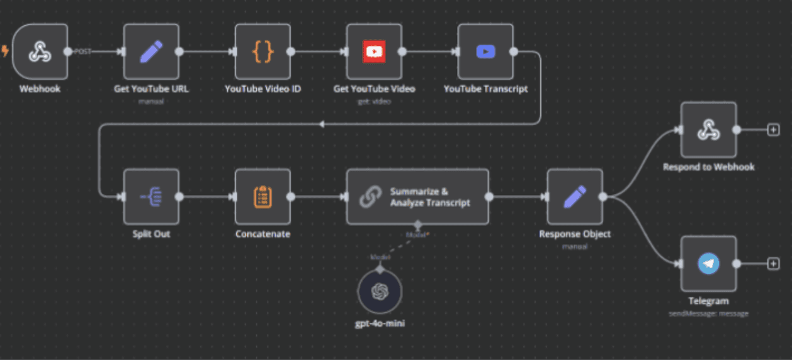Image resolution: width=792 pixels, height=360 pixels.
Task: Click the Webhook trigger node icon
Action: (40, 52)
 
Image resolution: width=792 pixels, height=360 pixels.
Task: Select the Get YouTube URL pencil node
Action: (151, 52)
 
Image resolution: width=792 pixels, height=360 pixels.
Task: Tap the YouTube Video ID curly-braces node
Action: (263, 52)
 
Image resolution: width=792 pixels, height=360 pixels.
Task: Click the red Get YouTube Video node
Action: (374, 52)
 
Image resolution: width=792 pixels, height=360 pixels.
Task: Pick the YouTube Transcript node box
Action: (485, 52)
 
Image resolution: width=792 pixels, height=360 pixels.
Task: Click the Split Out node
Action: (151, 196)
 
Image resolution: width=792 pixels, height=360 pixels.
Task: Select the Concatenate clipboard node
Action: (263, 196)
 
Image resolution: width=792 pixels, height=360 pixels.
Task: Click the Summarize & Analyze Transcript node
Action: (417, 196)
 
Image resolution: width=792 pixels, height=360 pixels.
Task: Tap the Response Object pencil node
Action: (575, 196)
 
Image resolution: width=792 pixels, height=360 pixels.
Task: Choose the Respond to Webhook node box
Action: (708, 130)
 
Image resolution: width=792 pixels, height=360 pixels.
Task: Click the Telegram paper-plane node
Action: (708, 264)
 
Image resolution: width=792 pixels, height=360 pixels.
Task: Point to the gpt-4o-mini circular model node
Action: (379, 291)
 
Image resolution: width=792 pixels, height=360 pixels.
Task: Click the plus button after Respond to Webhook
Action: (773, 130)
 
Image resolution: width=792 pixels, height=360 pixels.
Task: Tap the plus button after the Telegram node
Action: (773, 264)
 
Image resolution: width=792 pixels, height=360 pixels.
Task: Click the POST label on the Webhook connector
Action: (83, 52)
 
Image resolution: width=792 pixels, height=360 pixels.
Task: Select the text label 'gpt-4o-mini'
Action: (379, 323)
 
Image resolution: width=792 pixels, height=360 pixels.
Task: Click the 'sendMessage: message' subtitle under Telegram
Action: (708, 313)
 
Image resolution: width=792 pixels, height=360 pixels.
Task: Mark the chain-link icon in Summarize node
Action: (369, 197)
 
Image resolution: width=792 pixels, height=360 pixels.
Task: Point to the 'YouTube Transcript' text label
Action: (485, 89)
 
